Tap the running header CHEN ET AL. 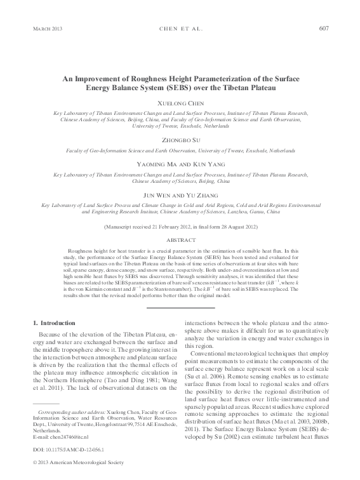click(x=180, y=29)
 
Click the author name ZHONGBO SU click(x=180, y=141)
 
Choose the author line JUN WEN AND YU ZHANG click(x=180, y=195)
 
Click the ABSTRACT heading click(x=180, y=241)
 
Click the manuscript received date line click(x=180, y=226)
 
